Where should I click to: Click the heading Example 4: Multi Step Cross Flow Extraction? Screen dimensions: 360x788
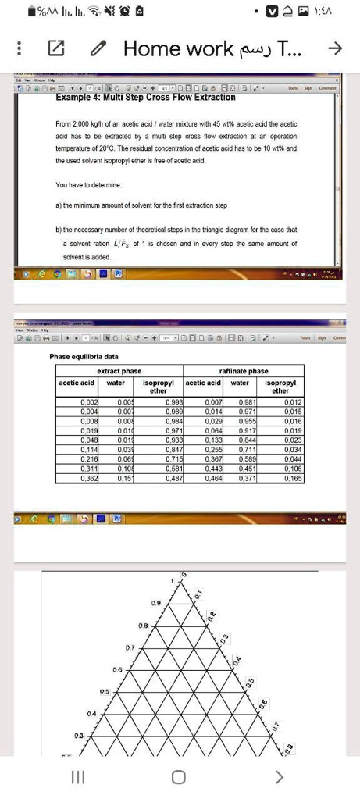pos(145,97)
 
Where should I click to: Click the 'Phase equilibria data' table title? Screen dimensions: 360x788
pos(84,356)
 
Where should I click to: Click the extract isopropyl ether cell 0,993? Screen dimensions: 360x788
pos(173,401)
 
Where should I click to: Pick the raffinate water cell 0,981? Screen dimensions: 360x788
pos(239,401)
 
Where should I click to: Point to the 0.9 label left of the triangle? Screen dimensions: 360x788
pos(155,603)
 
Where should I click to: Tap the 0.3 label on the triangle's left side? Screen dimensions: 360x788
pos(79,736)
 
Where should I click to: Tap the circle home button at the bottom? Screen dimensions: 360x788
pos(179,776)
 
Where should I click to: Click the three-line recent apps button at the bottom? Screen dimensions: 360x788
pos(77,776)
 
